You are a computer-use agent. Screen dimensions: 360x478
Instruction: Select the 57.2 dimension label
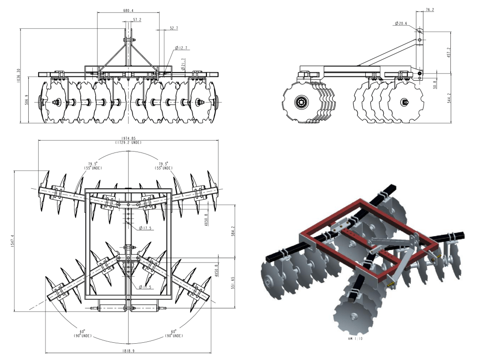[137, 20]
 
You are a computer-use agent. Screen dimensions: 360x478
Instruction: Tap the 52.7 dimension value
[174, 28]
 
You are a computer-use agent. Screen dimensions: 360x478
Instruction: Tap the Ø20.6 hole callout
[401, 23]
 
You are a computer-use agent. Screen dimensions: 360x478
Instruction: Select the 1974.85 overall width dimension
[128, 138]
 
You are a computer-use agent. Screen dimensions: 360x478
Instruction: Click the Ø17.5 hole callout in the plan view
[146, 228]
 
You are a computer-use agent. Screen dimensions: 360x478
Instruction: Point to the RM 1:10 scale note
[356, 338]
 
